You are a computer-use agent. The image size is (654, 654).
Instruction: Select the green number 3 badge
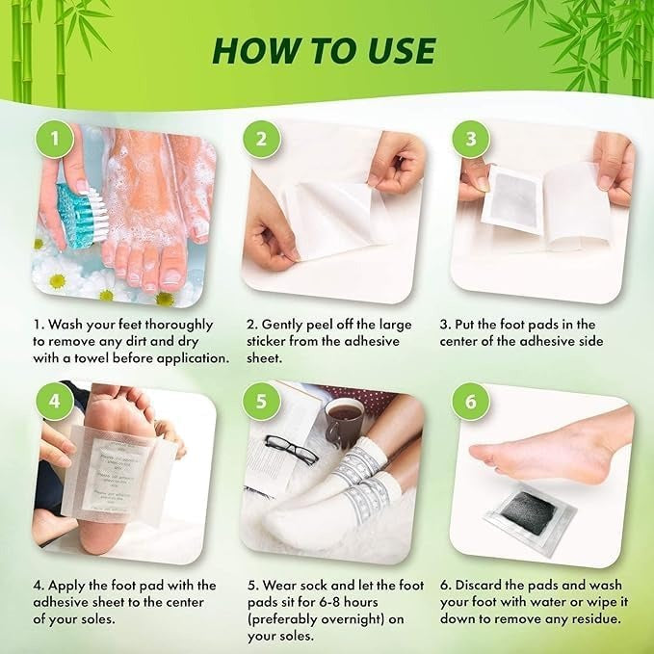click(470, 139)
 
